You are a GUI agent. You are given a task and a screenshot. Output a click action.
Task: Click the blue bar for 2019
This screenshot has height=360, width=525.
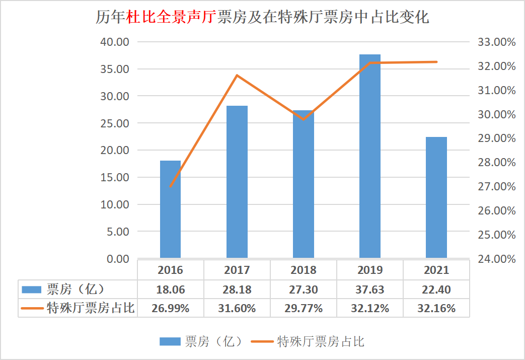click(370, 156)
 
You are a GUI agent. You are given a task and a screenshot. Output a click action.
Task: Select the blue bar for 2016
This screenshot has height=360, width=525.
click(170, 209)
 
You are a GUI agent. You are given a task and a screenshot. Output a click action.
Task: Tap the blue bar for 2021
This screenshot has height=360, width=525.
click(436, 197)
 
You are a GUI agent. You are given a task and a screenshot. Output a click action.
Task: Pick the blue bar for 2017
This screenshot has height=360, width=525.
click(237, 182)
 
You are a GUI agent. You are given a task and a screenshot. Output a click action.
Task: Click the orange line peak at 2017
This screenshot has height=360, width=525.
click(237, 76)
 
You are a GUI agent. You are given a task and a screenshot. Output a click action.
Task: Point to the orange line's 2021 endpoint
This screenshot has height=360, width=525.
click(436, 62)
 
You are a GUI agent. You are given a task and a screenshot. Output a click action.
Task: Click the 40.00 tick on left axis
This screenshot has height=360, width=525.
click(115, 42)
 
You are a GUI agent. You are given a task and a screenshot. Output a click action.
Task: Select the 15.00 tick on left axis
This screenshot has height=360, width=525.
click(115, 177)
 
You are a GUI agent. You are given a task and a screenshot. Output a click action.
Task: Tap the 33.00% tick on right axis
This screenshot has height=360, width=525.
click(496, 42)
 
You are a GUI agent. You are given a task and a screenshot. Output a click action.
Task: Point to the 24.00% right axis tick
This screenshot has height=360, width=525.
click(496, 259)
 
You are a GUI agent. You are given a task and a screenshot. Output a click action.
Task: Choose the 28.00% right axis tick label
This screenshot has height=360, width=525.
click(496, 163)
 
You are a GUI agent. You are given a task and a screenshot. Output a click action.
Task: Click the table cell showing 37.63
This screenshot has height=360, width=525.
click(370, 290)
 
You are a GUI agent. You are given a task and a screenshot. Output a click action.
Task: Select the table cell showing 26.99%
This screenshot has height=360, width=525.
click(170, 308)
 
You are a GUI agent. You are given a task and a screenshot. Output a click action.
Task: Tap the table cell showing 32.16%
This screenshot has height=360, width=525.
click(436, 308)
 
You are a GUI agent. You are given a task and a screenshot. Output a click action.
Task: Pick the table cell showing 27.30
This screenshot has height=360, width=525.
click(304, 290)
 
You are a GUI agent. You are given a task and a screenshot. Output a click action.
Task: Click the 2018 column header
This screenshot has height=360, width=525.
click(304, 270)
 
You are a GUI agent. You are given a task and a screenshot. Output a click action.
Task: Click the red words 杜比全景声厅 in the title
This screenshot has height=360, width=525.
click(171, 18)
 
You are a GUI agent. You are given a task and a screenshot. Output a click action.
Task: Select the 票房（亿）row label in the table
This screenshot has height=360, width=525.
click(76, 290)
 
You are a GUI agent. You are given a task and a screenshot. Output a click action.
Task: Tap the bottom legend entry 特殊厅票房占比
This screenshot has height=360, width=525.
click(321, 342)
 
